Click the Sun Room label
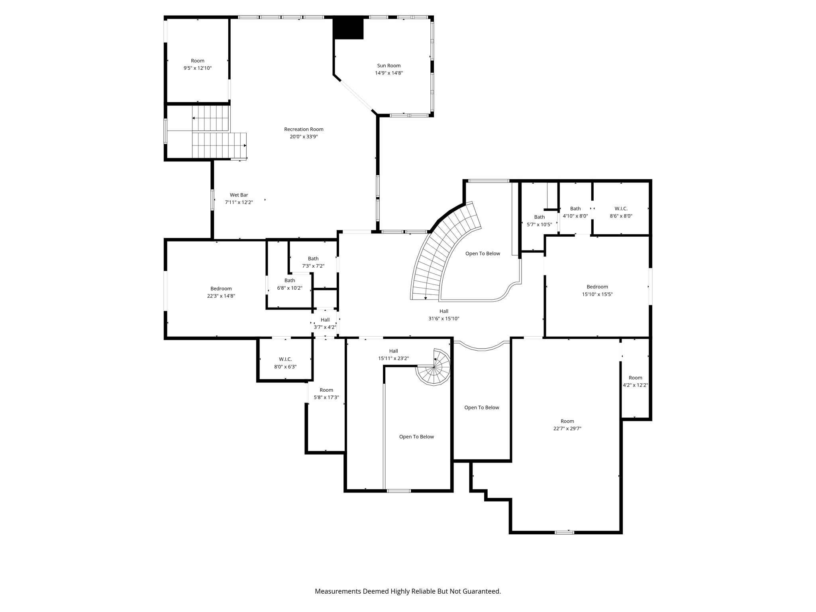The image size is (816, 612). (389, 69)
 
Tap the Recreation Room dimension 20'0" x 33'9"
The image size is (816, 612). (304, 137)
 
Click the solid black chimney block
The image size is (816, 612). (348, 28)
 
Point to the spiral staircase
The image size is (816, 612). (433, 367)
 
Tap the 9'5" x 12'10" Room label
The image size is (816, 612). (198, 65)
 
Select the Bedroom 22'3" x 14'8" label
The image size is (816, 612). (221, 292)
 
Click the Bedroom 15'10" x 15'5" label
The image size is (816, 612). (597, 290)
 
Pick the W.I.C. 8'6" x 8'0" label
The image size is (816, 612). (621, 212)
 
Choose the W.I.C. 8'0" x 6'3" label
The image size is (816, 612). (285, 363)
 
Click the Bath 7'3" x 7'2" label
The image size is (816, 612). (313, 262)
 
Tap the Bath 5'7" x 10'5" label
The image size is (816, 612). (539, 221)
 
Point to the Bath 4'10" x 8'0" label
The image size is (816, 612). (575, 212)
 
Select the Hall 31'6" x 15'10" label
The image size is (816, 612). (444, 315)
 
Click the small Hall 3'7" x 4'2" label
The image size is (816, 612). (325, 324)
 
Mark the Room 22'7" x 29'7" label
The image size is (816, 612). (567, 425)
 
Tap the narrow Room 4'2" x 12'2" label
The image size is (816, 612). (636, 381)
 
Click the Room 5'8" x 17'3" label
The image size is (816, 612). (326, 394)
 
